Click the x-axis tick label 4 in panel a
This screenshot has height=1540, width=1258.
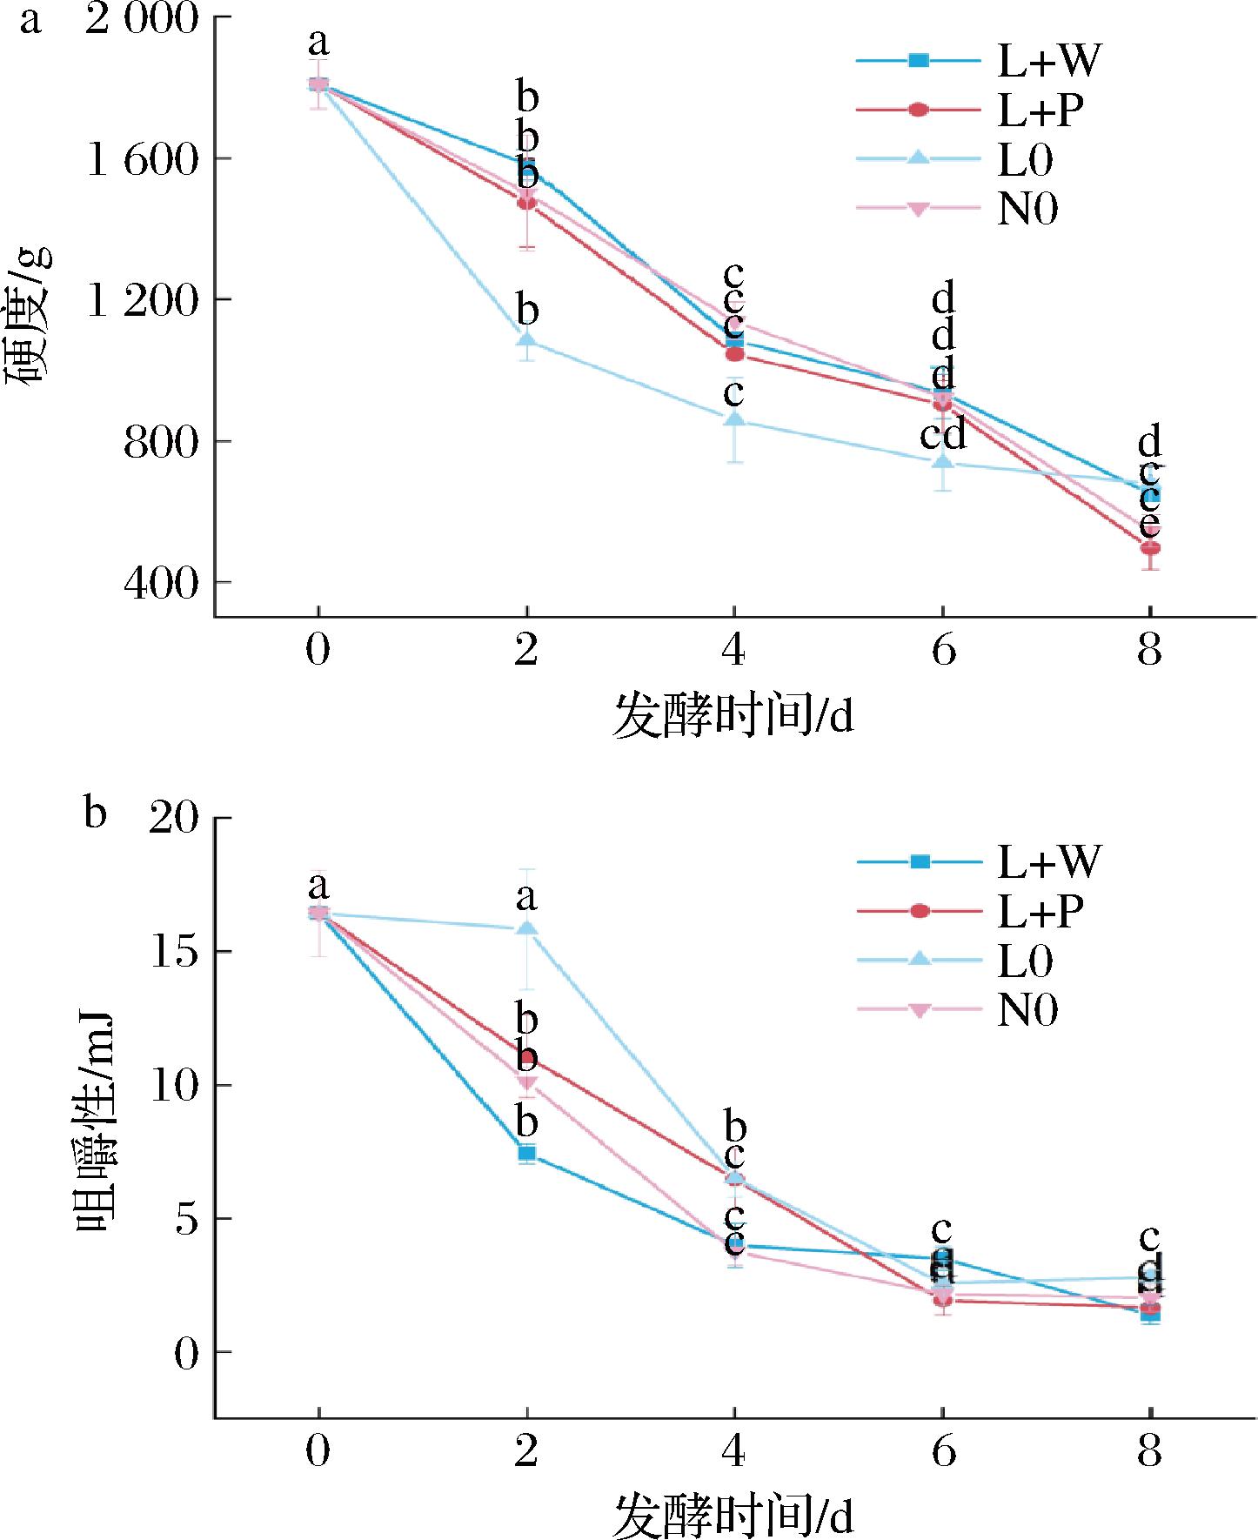[735, 649]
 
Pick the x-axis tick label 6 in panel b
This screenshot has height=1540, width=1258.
[943, 1451]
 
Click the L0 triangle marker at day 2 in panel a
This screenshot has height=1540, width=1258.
[526, 339]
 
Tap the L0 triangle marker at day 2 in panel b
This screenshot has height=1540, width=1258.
[527, 927]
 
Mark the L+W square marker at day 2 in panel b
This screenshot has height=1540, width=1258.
[527, 1154]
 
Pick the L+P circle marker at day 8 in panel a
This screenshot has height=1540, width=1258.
[1150, 548]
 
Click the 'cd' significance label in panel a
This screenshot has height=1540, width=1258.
[943, 433]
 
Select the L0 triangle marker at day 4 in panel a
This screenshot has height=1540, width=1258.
[735, 419]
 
